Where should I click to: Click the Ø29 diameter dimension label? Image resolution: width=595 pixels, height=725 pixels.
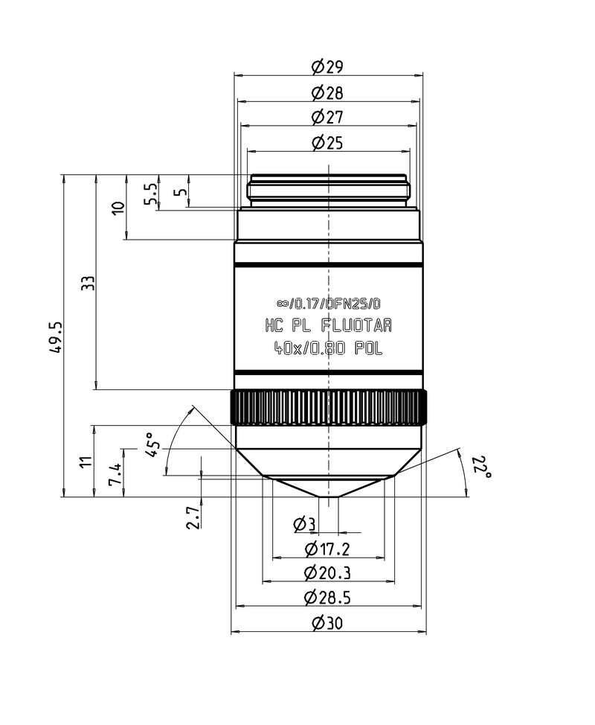click(327, 67)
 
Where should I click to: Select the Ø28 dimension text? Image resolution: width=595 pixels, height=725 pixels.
click(327, 93)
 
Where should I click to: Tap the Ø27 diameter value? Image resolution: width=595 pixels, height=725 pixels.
click(327, 118)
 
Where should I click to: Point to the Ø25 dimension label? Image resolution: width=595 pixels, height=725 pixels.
click(327, 142)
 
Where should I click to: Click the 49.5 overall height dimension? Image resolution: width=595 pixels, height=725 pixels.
click(54, 339)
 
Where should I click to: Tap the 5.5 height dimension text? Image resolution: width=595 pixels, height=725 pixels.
click(150, 194)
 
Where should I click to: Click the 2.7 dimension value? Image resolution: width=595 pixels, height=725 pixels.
click(193, 517)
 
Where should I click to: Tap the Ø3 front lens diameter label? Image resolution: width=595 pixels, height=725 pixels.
click(305, 525)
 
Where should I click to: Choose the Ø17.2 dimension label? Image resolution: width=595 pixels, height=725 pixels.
click(327, 549)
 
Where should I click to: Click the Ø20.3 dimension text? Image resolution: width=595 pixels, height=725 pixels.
click(327, 573)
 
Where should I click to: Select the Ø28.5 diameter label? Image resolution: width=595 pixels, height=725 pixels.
click(327, 597)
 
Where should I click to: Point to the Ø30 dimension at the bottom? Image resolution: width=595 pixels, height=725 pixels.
click(327, 623)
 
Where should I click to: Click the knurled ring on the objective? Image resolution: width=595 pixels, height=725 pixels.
click(328, 407)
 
